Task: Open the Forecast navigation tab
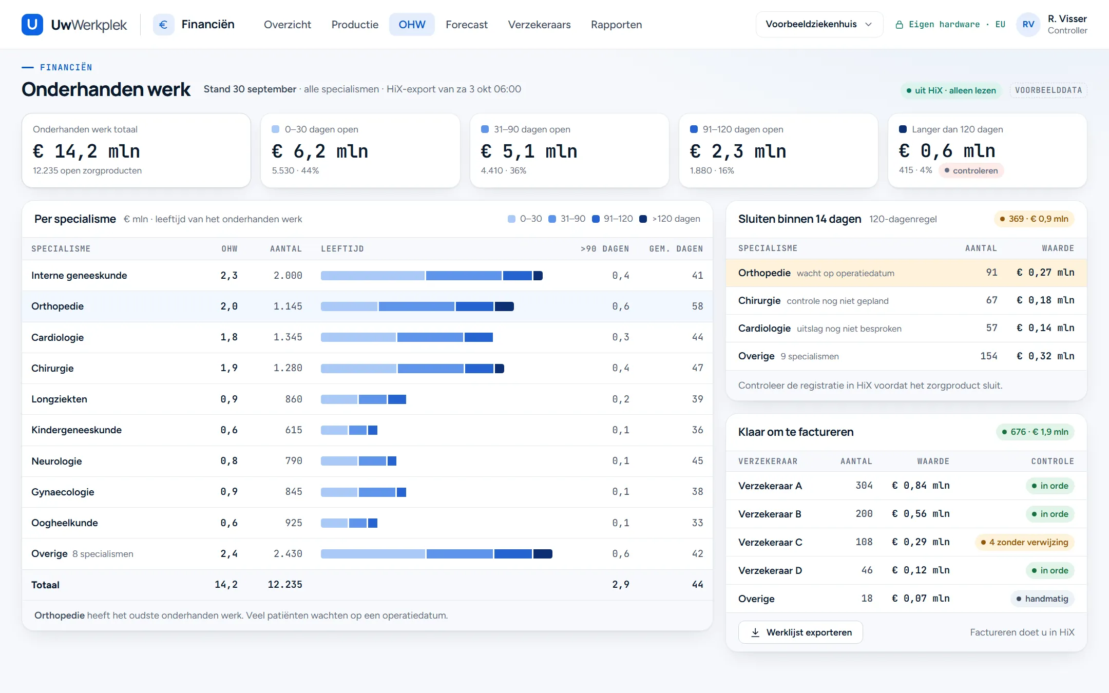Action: (x=466, y=25)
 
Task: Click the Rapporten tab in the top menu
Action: (x=616, y=25)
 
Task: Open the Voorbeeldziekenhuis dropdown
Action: (x=819, y=24)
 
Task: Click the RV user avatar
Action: (x=1028, y=25)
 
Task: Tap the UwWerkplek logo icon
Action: (x=32, y=25)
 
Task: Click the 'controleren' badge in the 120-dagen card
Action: (x=971, y=170)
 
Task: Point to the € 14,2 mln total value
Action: (x=86, y=151)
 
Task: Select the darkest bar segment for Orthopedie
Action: (x=504, y=306)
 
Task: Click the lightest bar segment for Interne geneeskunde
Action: (x=373, y=276)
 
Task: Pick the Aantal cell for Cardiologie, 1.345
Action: (x=288, y=337)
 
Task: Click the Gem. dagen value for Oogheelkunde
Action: (x=697, y=523)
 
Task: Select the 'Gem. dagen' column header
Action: (x=676, y=249)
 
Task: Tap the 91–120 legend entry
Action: (x=613, y=219)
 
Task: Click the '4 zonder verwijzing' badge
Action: (x=1024, y=542)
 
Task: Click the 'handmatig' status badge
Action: (x=1042, y=599)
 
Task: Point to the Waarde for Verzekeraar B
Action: (x=921, y=514)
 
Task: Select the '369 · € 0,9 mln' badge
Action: (x=1034, y=219)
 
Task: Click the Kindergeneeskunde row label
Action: (x=77, y=430)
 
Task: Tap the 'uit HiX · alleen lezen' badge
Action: (x=951, y=90)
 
